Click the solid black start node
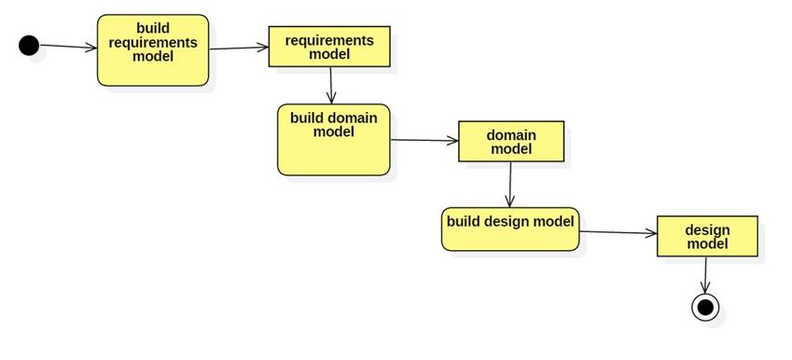click(x=29, y=45)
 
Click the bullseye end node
click(x=705, y=307)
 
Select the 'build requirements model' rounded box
click(x=153, y=50)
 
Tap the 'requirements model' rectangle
click(x=328, y=47)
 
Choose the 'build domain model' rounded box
click(x=333, y=139)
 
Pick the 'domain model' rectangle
click(x=511, y=142)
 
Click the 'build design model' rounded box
click(x=510, y=228)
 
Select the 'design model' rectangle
click(x=707, y=237)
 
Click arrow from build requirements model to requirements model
click(x=239, y=48)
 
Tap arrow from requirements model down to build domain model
click(x=331, y=85)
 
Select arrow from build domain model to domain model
click(x=424, y=141)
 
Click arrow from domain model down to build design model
click(x=509, y=185)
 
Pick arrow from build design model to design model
click(x=618, y=232)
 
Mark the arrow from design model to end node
click(x=706, y=274)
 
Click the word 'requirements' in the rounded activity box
click(x=153, y=41)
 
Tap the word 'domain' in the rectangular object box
click(x=511, y=135)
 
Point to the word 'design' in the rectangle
click(x=707, y=229)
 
